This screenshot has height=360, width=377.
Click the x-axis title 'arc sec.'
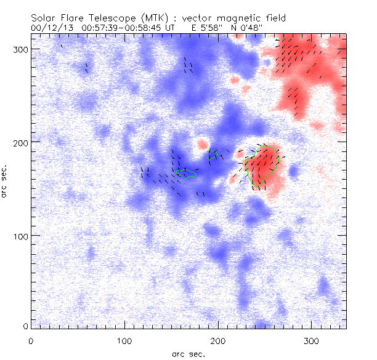188,353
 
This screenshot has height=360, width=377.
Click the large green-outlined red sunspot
263,165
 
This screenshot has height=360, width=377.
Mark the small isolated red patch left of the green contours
201,145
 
